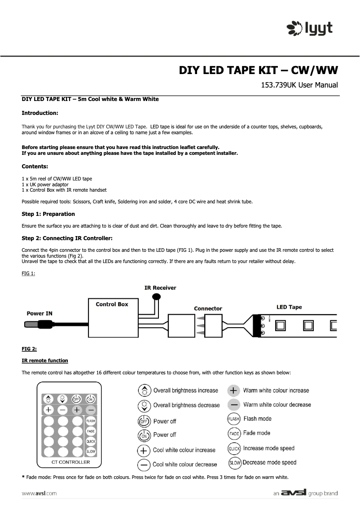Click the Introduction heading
[x=40, y=113]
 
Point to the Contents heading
[x=35, y=166]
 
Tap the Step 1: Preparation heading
[x=48, y=214]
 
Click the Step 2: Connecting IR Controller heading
[x=67, y=238]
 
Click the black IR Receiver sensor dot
[x=156, y=296]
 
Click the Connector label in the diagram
[x=208, y=308]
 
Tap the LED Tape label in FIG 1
[x=289, y=307]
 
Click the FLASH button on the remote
[x=91, y=421]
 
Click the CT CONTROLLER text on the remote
[x=68, y=462]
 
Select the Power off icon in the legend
[x=144, y=421]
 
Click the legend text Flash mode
[x=257, y=419]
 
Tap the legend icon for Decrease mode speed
[x=235, y=462]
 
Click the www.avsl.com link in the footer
[x=40, y=493]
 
